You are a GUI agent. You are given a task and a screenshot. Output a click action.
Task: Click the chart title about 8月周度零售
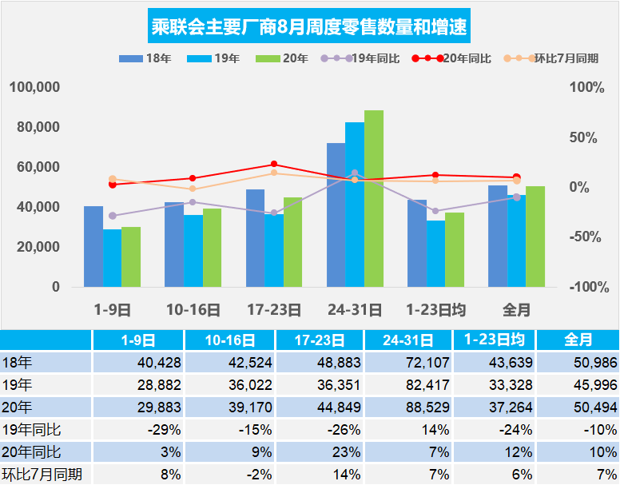309,28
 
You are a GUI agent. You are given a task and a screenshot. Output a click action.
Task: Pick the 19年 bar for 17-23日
274,250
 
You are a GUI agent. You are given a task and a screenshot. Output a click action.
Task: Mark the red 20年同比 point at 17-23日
274,164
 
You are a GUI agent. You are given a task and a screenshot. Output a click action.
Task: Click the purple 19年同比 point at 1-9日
113,216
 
